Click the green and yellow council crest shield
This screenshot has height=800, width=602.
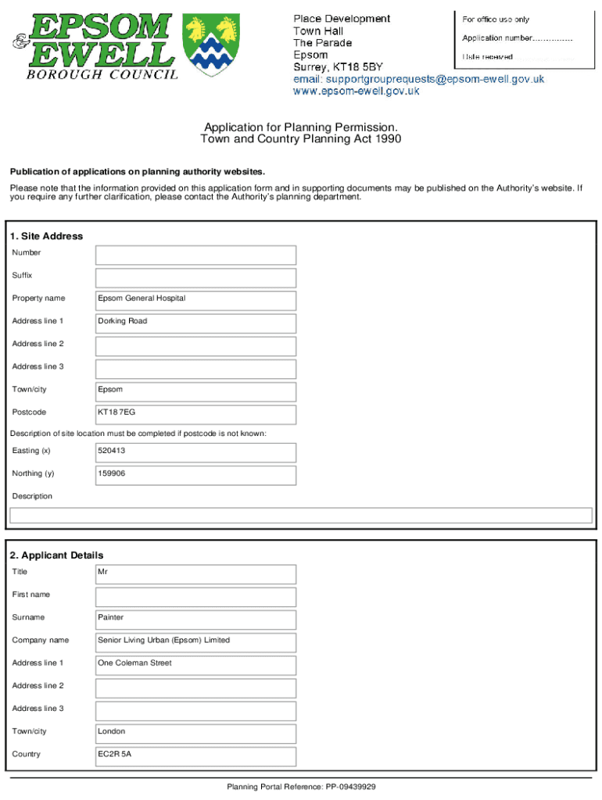(211, 45)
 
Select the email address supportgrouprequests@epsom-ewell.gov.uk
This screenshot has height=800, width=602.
(418, 79)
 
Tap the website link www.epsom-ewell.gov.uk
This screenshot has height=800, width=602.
(356, 91)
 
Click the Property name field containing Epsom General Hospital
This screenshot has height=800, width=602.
(195, 301)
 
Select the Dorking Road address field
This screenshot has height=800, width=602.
(195, 323)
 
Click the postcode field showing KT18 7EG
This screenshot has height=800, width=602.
(195, 414)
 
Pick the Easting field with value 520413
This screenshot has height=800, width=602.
(195, 452)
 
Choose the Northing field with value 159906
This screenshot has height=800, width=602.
(195, 475)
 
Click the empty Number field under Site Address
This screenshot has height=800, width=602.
(195, 255)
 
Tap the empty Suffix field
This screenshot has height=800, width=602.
(195, 278)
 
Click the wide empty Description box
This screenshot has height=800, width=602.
(300, 516)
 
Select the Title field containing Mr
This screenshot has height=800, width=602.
(195, 574)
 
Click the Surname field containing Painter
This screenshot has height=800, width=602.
(195, 620)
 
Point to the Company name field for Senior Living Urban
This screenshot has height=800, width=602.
(195, 642)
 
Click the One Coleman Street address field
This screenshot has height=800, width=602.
(195, 666)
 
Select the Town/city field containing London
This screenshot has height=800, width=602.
(195, 734)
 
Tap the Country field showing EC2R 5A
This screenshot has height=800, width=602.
(195, 756)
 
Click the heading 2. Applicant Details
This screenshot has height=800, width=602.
(56, 555)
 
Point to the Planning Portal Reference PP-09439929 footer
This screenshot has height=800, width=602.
(301, 787)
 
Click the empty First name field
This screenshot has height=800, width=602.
(195, 597)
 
